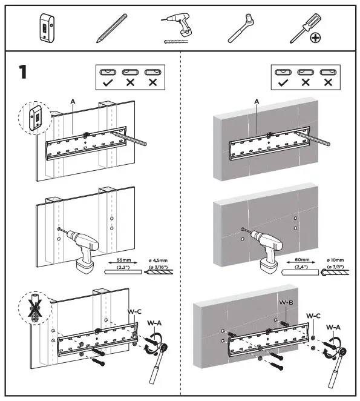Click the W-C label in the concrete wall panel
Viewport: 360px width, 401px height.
click(313, 316)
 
